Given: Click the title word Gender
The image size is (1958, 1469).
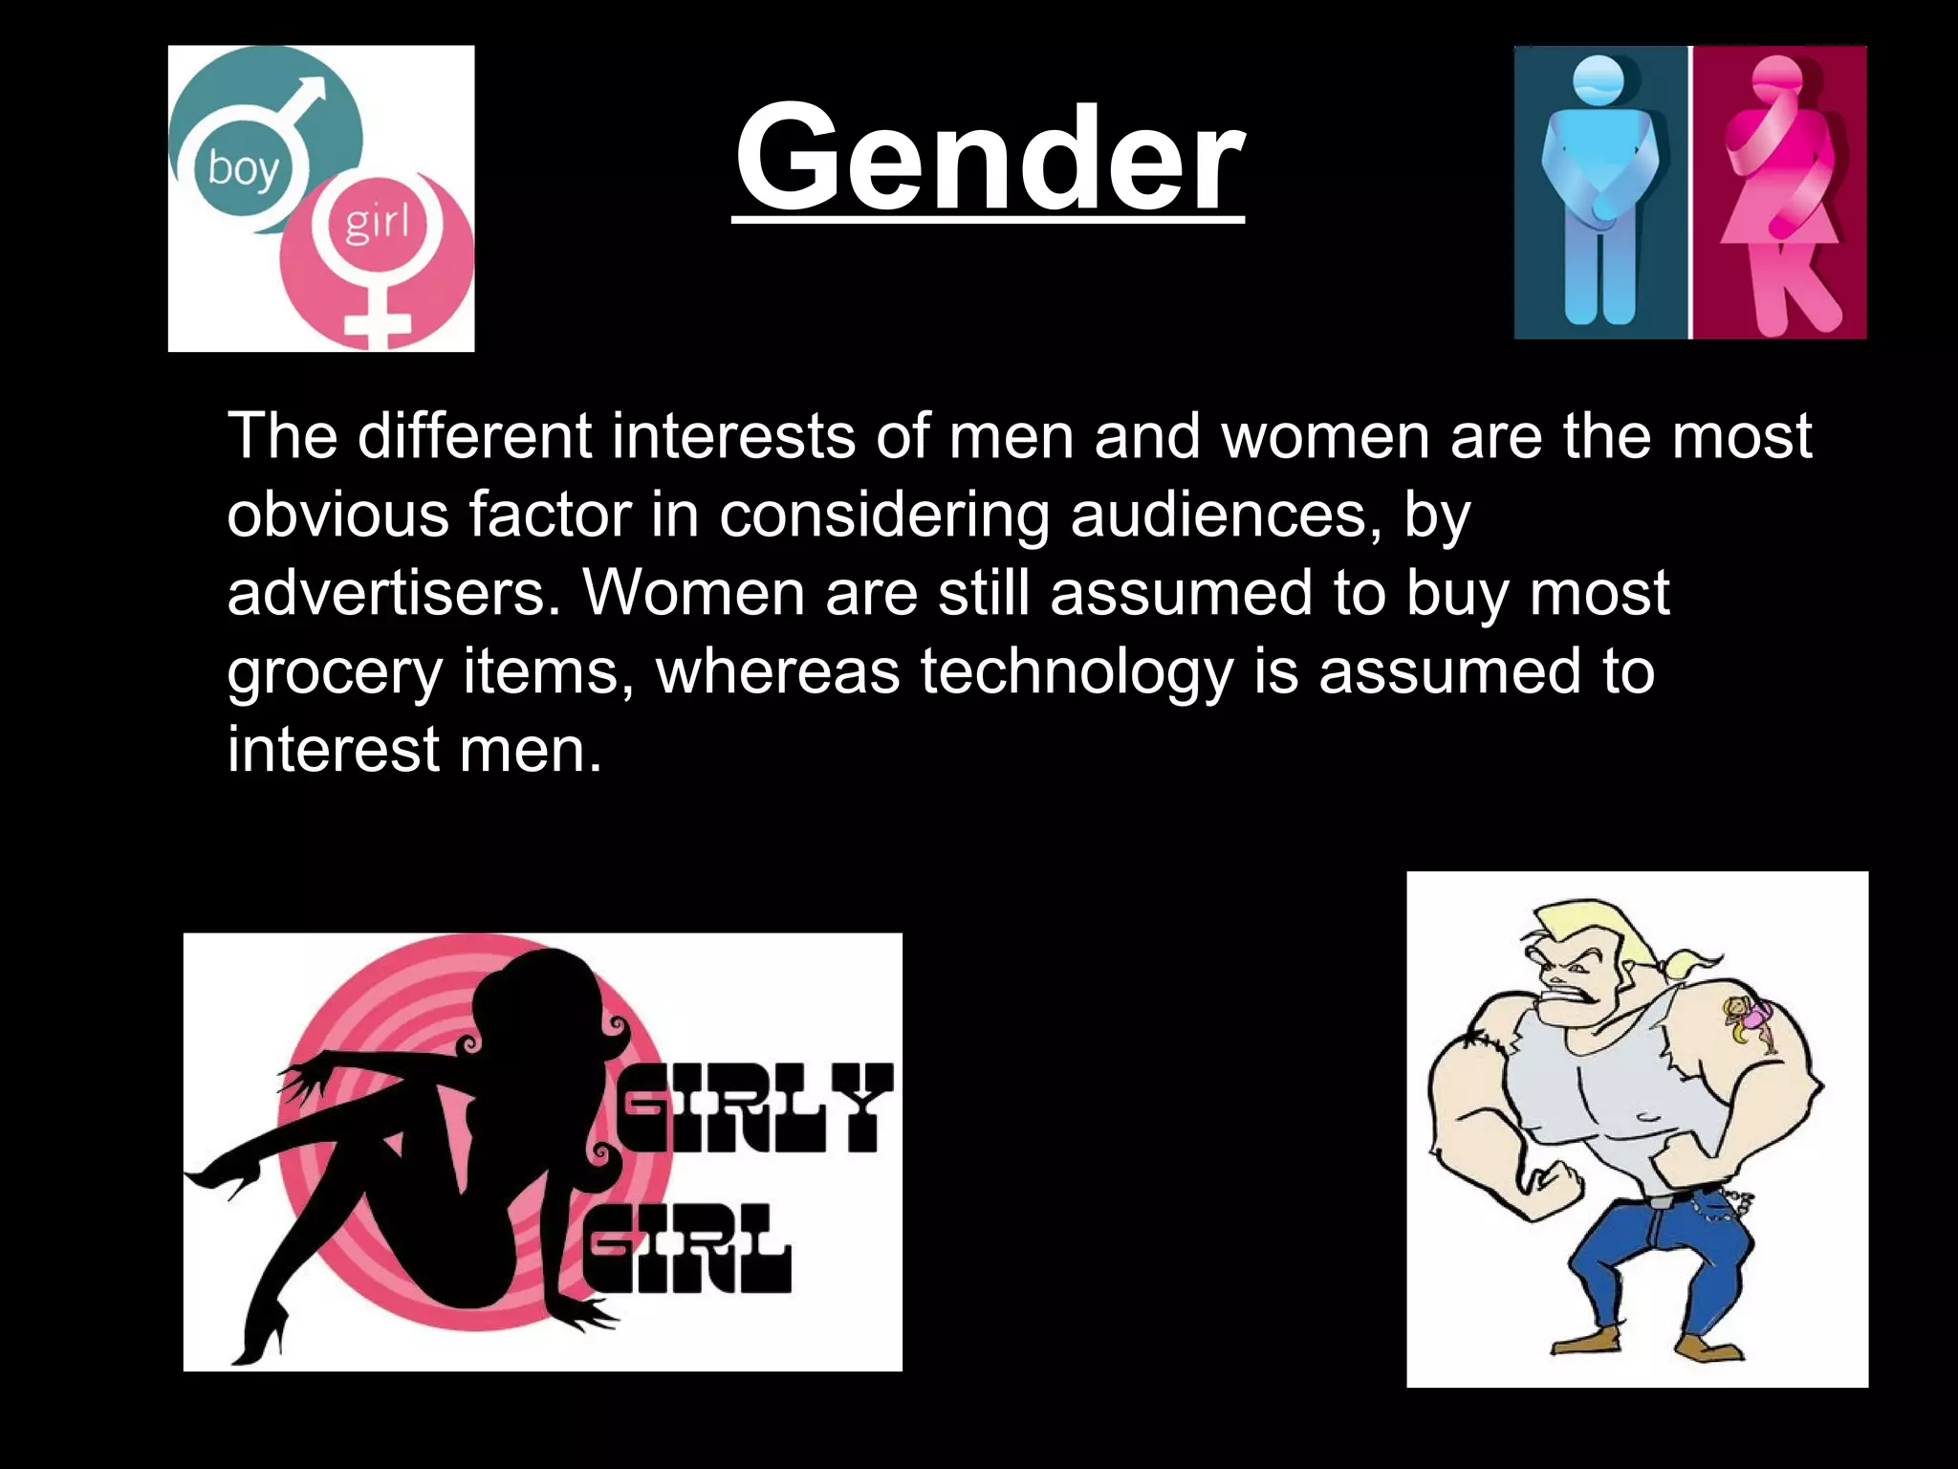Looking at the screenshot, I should click(989, 158).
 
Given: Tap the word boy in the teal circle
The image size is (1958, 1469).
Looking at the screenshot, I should click(243, 169).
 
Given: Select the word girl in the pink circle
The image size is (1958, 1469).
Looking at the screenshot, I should click(376, 224).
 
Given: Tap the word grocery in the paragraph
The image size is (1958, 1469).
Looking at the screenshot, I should click(335, 671).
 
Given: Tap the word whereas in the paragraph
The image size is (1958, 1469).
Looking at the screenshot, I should click(777, 671).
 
